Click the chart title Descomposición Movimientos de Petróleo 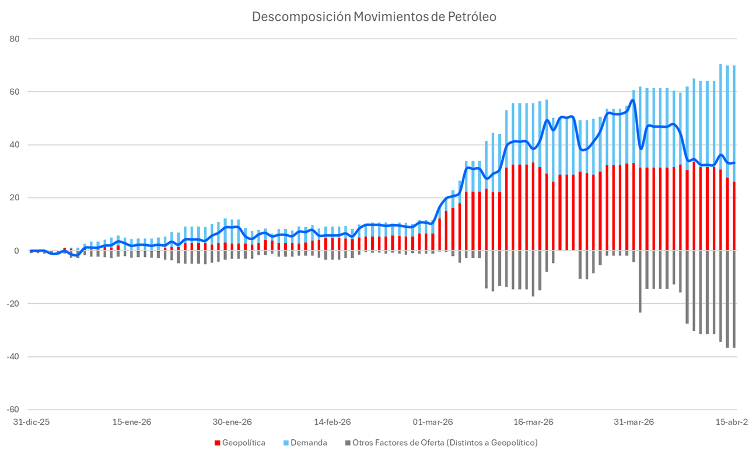pos(374,17)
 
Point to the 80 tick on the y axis pos(15,39)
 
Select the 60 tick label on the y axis pos(15,92)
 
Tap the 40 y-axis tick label pos(15,145)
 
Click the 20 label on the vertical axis pos(15,197)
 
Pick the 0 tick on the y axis pos(17,251)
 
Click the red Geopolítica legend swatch pos(218,443)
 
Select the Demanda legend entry pos(308,443)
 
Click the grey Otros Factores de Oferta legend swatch pos(348,443)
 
